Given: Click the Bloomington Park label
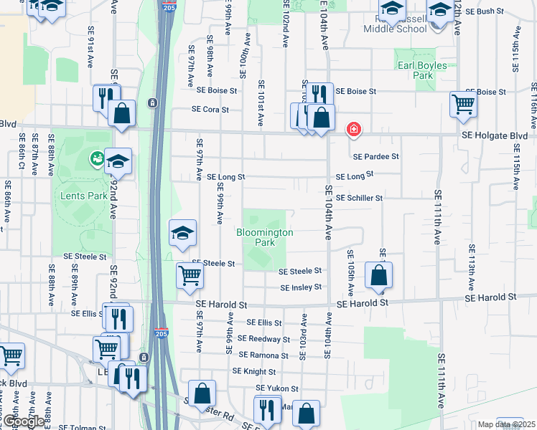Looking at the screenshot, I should (x=265, y=237).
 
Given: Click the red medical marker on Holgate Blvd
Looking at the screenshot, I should (x=353, y=130).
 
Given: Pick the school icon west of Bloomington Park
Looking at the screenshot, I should (x=183, y=233).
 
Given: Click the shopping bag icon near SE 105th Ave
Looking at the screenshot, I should (x=378, y=275).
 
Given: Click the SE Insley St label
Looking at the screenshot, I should (x=301, y=288).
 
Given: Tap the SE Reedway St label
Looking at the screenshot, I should (x=263, y=339).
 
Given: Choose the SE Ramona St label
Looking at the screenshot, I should (x=263, y=355).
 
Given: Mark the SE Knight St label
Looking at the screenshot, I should (x=254, y=372).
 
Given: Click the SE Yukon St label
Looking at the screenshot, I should (x=277, y=388).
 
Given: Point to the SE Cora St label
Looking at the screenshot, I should (x=210, y=110).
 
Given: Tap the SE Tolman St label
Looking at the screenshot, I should (x=82, y=427).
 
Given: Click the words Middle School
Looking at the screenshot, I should (x=396, y=29).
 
